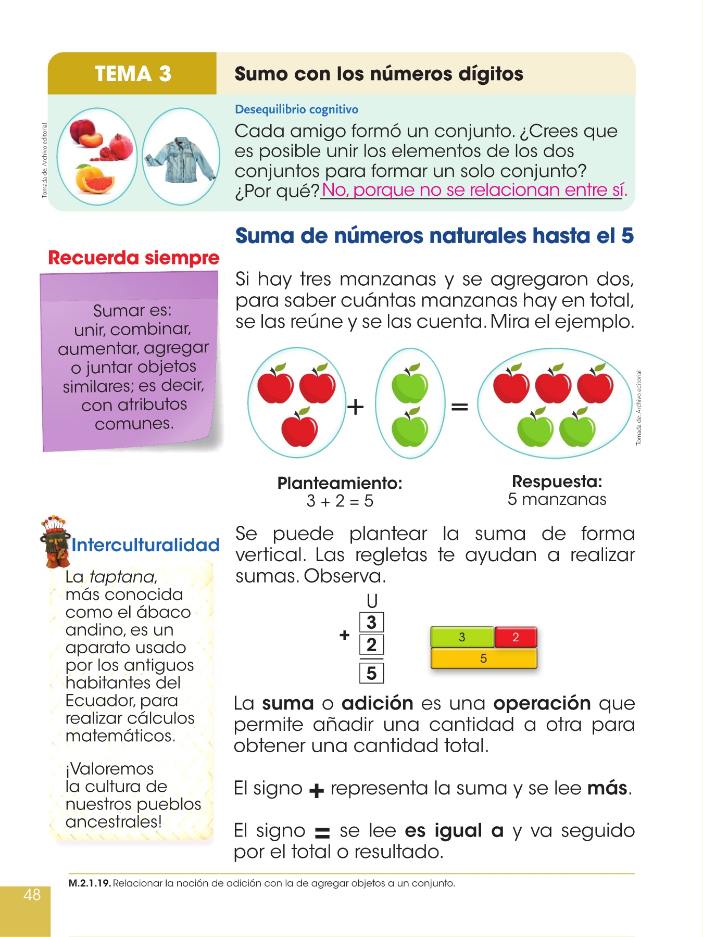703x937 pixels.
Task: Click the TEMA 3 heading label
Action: [133, 74]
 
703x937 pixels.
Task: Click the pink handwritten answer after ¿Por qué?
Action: [474, 190]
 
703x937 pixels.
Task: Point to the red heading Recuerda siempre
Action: [133, 258]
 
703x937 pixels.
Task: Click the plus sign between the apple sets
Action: [355, 407]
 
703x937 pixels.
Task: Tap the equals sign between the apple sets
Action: [459, 407]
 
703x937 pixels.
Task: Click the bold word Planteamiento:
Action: [340, 483]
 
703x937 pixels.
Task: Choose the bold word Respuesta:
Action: [557, 482]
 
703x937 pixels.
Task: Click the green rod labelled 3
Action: [462, 637]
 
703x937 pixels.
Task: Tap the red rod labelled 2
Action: [516, 637]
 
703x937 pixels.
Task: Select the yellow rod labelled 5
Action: [483, 659]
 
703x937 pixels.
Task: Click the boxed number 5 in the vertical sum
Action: [371, 673]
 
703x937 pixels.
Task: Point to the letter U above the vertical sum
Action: [372, 601]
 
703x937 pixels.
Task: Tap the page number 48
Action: [32, 894]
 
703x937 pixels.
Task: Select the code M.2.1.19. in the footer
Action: [90, 883]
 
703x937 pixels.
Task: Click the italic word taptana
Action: [122, 577]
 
